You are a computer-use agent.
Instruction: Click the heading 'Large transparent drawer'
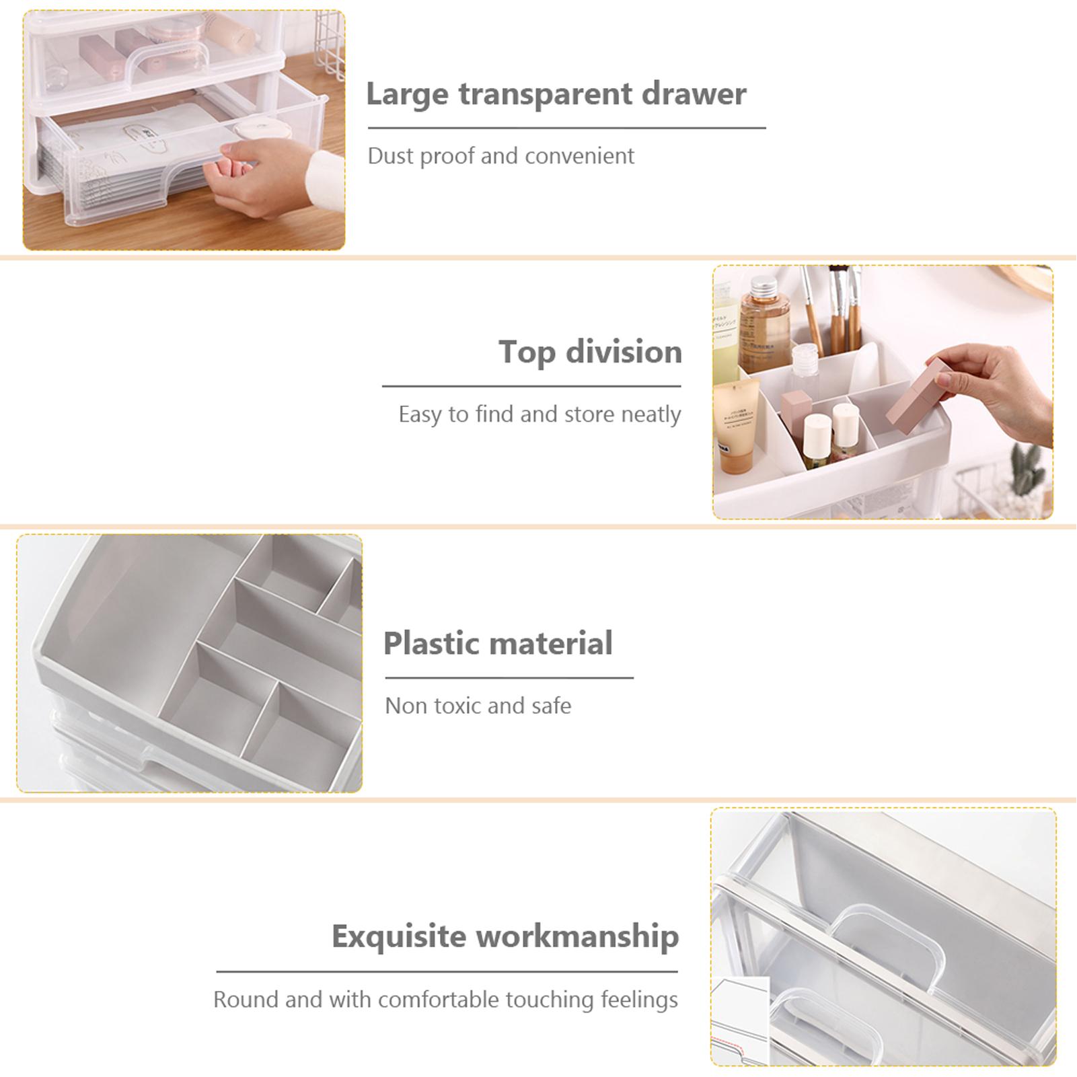click(556, 94)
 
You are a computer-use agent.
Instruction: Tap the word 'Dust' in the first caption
click(391, 156)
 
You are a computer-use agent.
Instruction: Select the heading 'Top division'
click(590, 352)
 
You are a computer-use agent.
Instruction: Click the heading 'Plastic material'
click(498, 644)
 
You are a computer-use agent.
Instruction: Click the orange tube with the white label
click(736, 427)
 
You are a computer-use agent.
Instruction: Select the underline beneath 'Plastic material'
click(509, 677)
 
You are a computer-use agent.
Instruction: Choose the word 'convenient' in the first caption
click(579, 156)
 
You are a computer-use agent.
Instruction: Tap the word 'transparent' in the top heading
click(545, 94)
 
